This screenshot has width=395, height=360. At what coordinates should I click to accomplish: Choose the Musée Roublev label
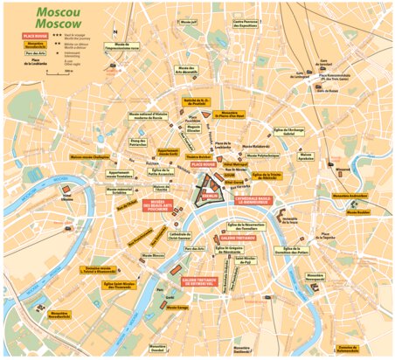(x=357, y=211)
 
